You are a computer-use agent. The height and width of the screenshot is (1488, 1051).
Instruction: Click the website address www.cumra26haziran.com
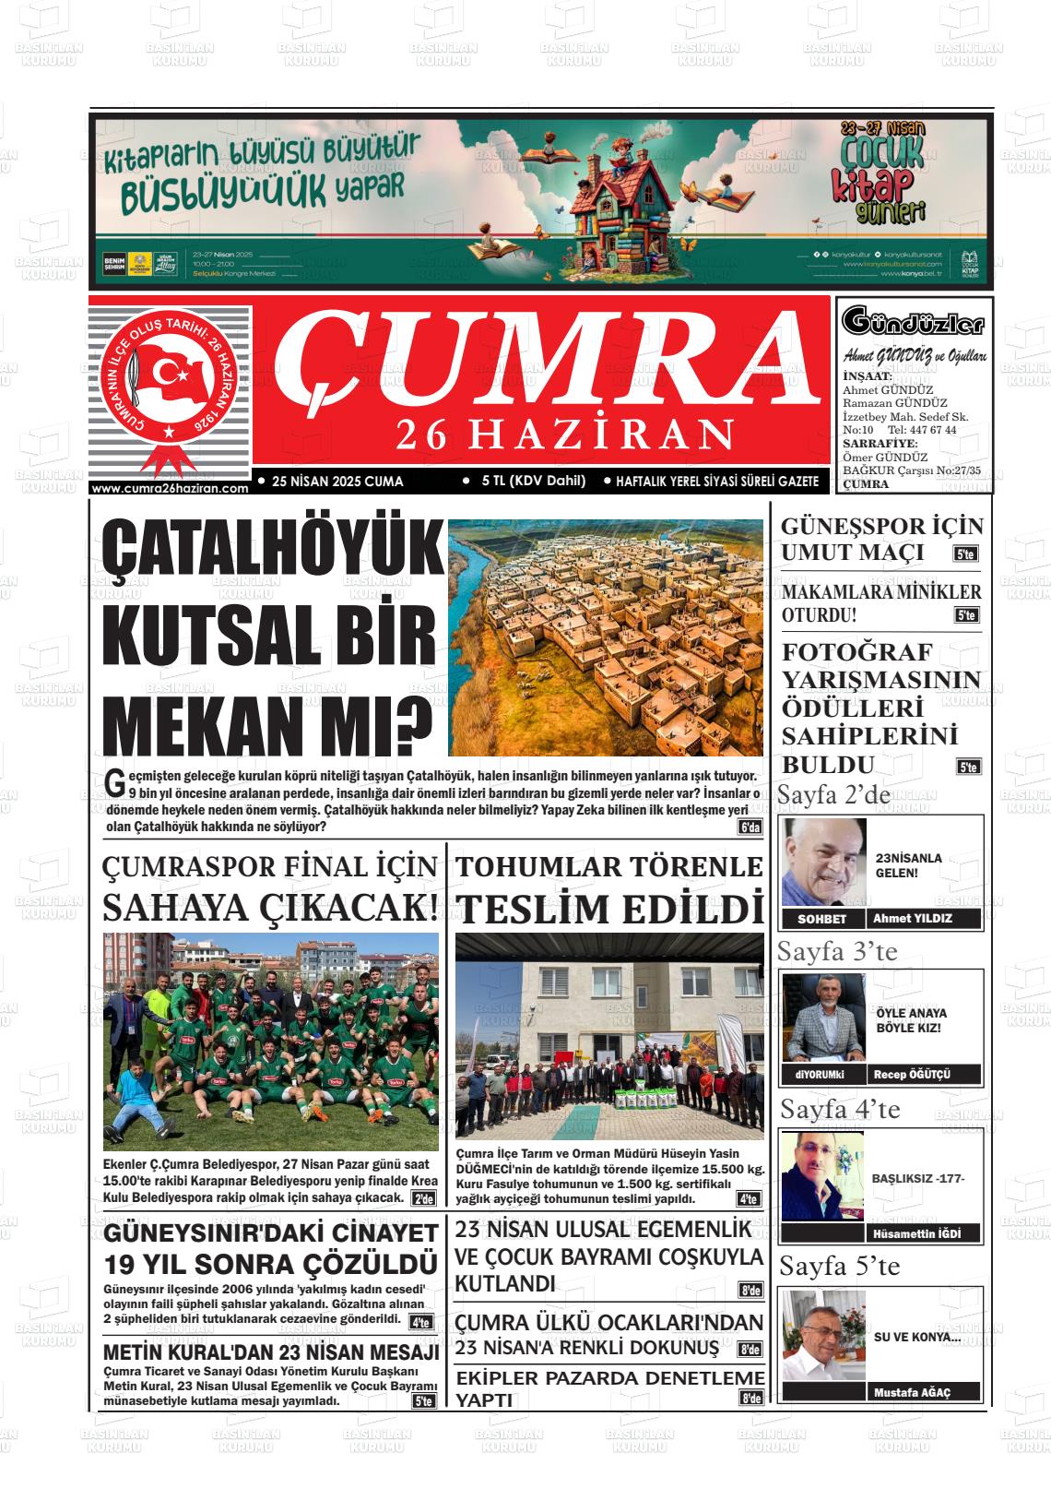tap(171, 489)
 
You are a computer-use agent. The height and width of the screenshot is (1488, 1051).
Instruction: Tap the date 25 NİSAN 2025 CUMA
tap(337, 481)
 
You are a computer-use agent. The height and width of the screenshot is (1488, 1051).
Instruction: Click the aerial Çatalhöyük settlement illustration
tap(606, 637)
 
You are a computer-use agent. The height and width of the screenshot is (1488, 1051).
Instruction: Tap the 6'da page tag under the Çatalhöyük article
tap(750, 827)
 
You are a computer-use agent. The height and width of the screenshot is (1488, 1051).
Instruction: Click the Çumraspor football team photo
tap(271, 1041)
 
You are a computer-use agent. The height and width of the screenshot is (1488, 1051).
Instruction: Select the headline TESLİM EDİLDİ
tap(610, 909)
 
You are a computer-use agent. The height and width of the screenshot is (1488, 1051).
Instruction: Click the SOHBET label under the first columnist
tap(821, 919)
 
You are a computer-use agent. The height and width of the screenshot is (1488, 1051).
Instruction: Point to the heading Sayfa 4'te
tap(840, 1108)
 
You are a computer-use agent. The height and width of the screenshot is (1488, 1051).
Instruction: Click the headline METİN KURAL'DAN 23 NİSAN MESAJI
tap(271, 1352)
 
